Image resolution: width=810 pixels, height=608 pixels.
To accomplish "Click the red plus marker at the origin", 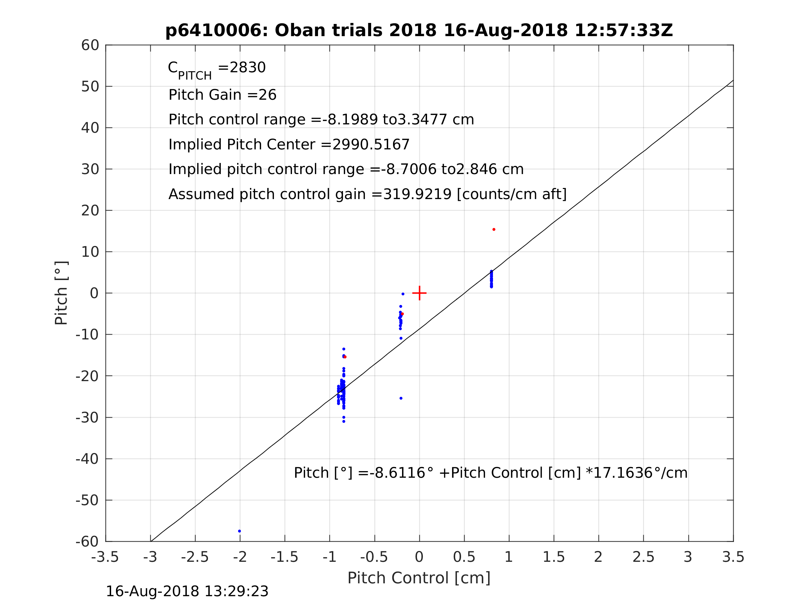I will tap(419, 293).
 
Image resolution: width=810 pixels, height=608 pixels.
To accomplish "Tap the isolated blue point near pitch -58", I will tap(240, 531).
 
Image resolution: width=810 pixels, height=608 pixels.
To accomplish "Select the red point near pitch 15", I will tap(494, 229).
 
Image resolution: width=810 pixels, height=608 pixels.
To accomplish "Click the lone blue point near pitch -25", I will tap(401, 398).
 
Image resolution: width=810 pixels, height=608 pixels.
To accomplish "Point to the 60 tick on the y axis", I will tap(90, 46).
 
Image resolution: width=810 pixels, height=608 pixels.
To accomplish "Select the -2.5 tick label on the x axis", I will tap(195, 557).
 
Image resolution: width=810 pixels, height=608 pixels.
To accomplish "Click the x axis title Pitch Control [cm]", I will tap(419, 578).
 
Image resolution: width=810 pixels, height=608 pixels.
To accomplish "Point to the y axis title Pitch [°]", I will tap(61, 293).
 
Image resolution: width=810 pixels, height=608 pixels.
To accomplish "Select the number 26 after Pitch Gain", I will tap(267, 95).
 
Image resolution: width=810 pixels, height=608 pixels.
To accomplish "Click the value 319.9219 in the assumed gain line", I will tap(417, 194).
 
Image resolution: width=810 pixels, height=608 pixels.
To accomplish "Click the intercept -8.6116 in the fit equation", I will tap(397, 473).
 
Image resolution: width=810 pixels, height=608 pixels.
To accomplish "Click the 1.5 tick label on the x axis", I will tap(553, 557).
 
